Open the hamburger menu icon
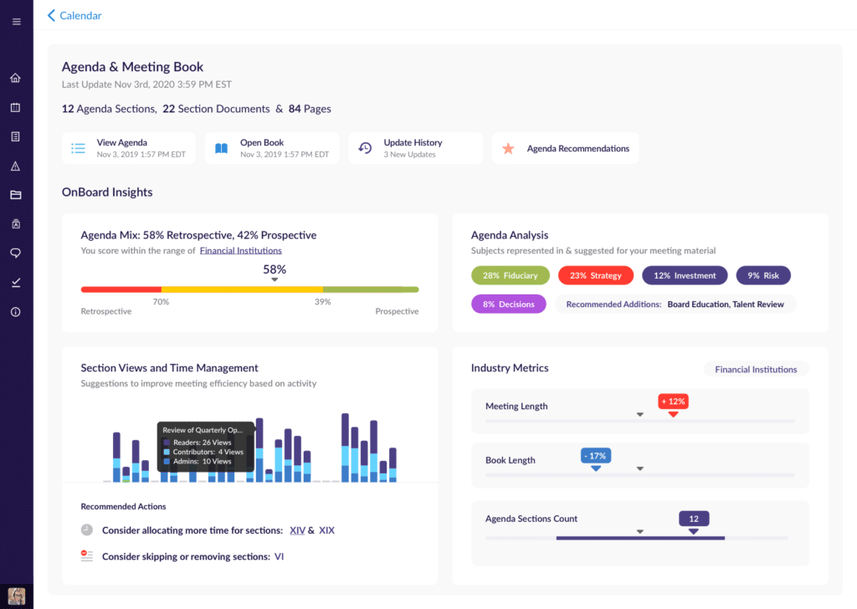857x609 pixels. tap(16, 22)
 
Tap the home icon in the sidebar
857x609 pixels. tap(16, 79)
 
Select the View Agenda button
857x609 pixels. tap(128, 148)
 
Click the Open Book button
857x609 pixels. tap(272, 148)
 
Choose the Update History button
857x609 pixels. tap(415, 148)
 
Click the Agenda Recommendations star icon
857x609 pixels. tap(508, 149)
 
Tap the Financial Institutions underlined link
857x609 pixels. tap(240, 250)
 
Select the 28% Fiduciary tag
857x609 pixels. tap(510, 275)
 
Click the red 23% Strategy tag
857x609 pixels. tap(595, 275)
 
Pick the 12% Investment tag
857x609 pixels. tap(684, 275)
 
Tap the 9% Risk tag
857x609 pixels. tap(763, 275)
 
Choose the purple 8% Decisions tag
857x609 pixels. tap(509, 304)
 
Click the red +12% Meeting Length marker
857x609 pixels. tap(672, 402)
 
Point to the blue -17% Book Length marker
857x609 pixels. tap(595, 456)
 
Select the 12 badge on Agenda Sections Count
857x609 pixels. tap(693, 519)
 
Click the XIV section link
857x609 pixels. tap(297, 530)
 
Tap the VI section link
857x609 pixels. tap(279, 556)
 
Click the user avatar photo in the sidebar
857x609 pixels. tap(16, 596)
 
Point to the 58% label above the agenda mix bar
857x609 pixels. tap(275, 269)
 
